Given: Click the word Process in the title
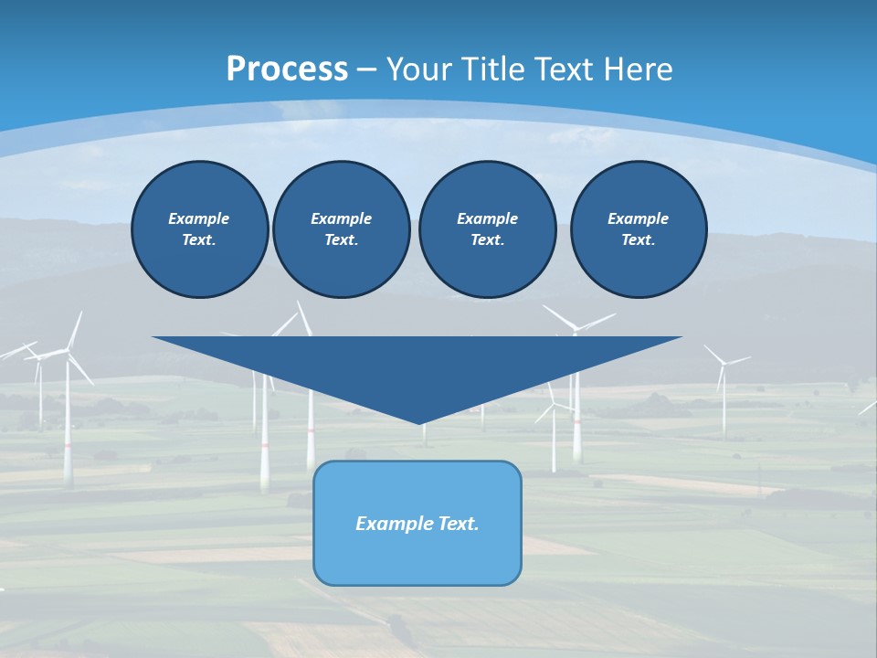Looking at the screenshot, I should click(287, 69).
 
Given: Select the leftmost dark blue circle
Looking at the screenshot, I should click(199, 229).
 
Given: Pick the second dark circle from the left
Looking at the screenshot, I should click(341, 229).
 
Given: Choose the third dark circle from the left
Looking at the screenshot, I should click(487, 229).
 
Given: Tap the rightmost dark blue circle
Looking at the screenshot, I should click(638, 229).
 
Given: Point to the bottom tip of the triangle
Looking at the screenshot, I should click(418, 421).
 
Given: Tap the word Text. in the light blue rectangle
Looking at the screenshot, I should click(458, 524).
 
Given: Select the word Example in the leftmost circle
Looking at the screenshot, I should click(199, 218).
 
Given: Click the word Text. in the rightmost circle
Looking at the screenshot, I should click(638, 239).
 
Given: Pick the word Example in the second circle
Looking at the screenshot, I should click(341, 218).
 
